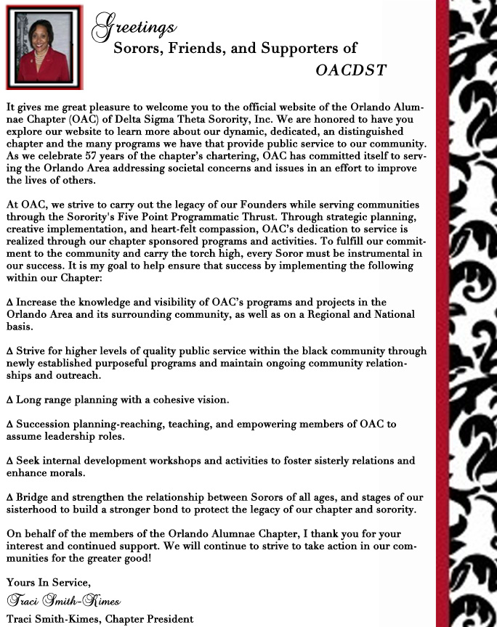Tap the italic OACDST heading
click(x=351, y=70)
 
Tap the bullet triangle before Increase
click(x=9, y=303)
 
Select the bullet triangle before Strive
click(x=9, y=352)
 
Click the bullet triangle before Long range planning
click(x=9, y=400)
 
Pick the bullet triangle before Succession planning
click(x=9, y=425)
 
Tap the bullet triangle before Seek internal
click(x=9, y=462)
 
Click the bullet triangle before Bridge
click(x=9, y=498)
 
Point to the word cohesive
click(x=170, y=400)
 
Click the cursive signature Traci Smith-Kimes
click(x=63, y=602)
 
